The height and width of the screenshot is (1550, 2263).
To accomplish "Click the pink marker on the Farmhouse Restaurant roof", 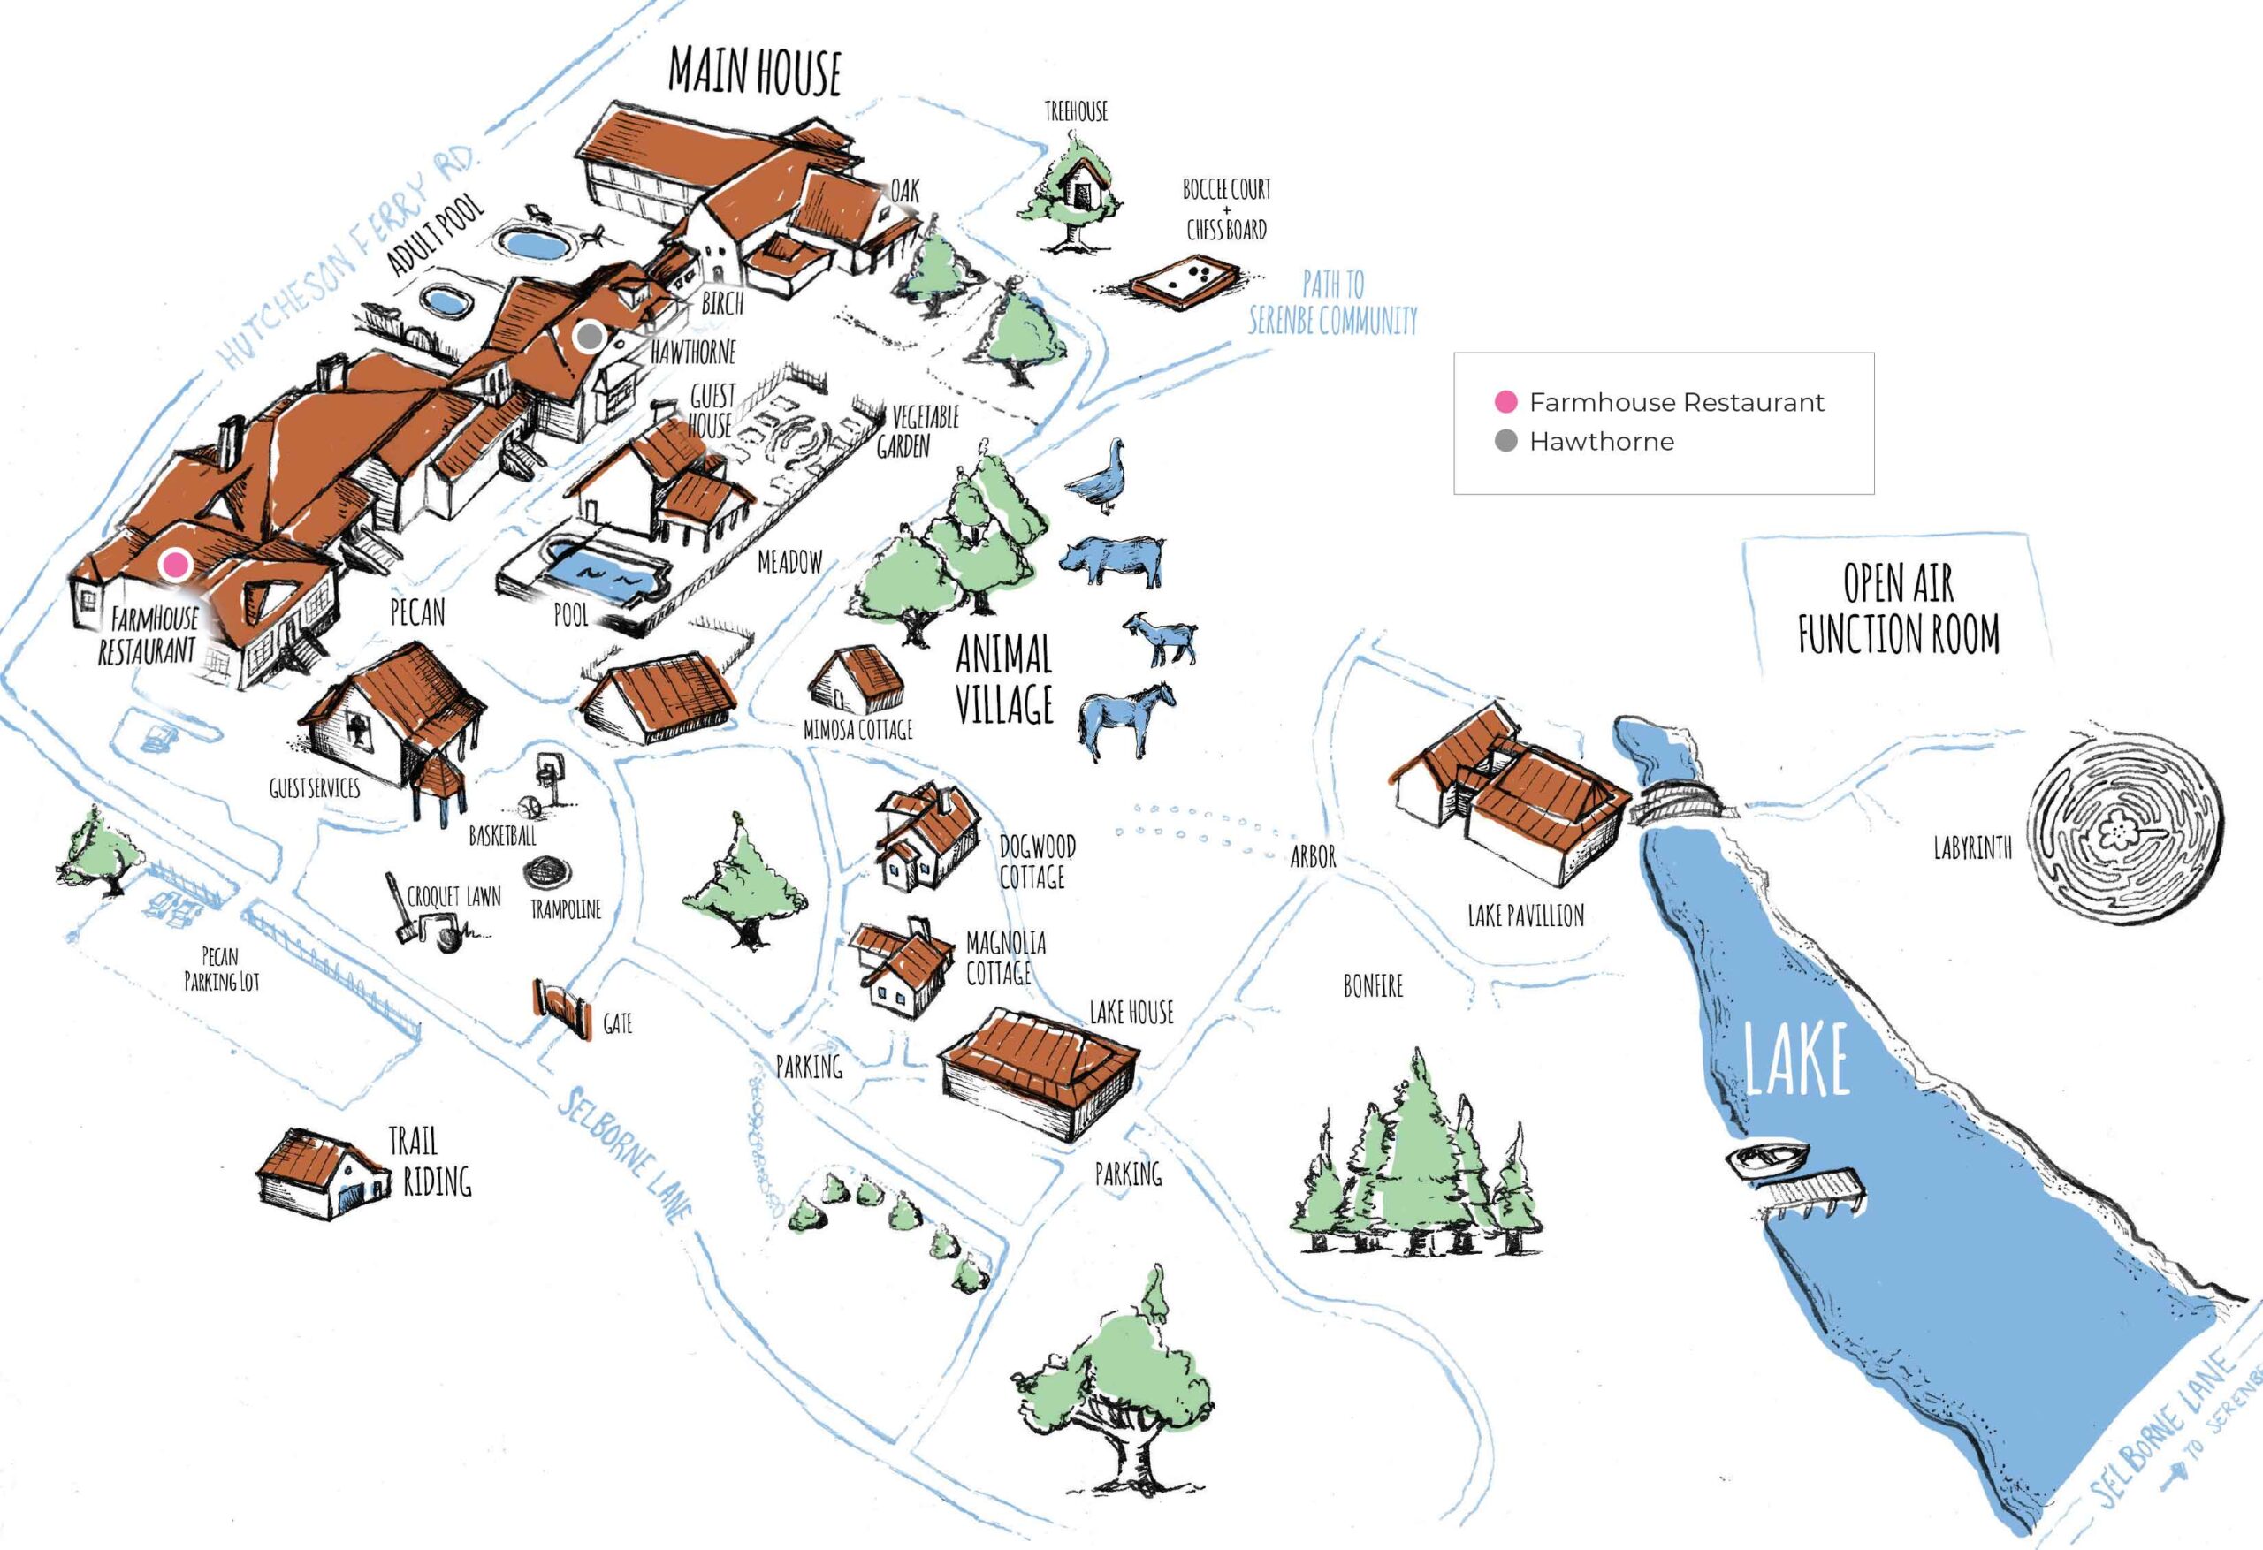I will coord(176,564).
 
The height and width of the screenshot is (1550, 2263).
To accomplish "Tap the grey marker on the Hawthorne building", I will coord(588,337).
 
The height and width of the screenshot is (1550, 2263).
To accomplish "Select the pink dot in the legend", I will coord(1505,401).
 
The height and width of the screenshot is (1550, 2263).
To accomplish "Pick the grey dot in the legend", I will coord(1505,441).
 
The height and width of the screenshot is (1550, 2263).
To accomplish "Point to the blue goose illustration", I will coord(1104,476).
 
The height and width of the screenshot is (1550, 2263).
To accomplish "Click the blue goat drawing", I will coord(1161,639).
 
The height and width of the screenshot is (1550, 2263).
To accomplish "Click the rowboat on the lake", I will coord(1766,1159).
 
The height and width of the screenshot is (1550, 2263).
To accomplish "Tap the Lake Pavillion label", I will coord(1525,916).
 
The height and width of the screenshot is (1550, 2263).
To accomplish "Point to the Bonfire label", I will coord(1373,986).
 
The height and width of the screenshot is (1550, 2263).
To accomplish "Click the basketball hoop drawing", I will coord(548,775).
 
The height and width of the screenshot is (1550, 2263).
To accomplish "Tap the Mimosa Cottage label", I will coord(857,729).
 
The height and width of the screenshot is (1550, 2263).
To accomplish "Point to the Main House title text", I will coord(755,71).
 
